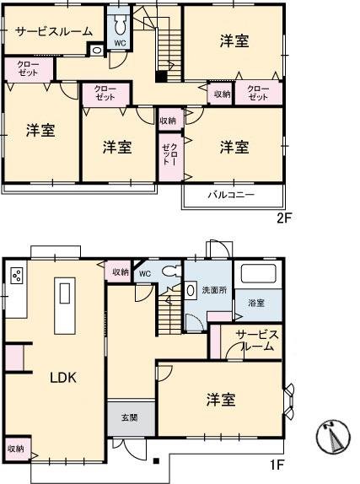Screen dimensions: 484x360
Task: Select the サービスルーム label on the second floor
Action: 52,32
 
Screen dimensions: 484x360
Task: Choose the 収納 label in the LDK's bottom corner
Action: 15,449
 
